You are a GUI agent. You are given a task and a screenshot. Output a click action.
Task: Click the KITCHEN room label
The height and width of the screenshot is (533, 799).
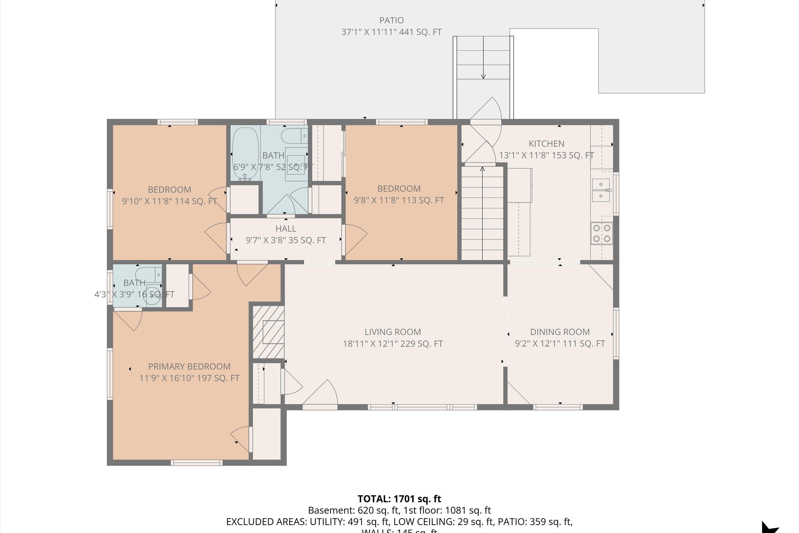pyautogui.click(x=546, y=144)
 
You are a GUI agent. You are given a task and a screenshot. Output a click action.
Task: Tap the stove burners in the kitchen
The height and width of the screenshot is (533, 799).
pyautogui.click(x=601, y=233)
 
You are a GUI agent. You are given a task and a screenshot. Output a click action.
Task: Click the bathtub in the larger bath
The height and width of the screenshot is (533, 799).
pyautogui.click(x=245, y=154)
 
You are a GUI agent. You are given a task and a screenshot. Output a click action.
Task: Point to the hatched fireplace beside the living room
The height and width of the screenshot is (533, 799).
pyautogui.click(x=268, y=332)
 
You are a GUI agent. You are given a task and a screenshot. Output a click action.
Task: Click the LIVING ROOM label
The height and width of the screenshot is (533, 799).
pyautogui.click(x=393, y=332)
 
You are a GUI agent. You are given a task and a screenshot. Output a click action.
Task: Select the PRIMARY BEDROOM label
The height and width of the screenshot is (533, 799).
pyautogui.click(x=189, y=366)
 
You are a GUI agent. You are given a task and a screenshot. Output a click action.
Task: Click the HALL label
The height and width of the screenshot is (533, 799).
pyautogui.click(x=286, y=228)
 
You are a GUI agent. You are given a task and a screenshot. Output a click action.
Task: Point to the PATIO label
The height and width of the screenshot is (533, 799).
pyautogui.click(x=391, y=21)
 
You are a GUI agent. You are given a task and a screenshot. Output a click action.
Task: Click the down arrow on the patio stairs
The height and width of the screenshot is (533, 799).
pyautogui.click(x=483, y=76)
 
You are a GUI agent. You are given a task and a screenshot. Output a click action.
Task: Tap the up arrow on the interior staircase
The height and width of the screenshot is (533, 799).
pyautogui.click(x=482, y=169)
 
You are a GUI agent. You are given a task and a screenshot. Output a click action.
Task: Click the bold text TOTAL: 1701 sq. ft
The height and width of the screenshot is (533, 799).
pyautogui.click(x=399, y=499)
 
